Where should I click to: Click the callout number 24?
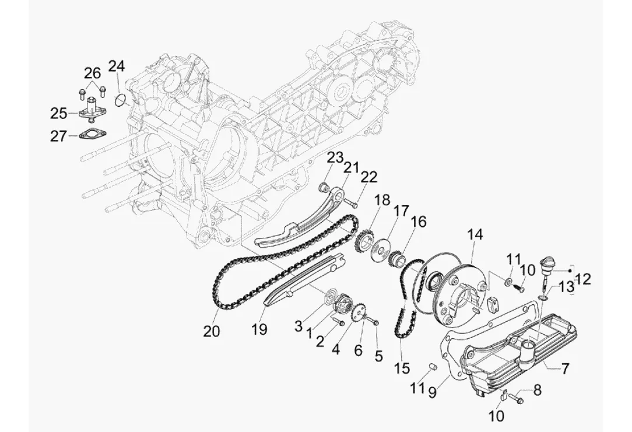(117, 65)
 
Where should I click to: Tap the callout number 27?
(58, 136)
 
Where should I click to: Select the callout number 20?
(211, 331)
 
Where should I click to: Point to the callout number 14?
(475, 234)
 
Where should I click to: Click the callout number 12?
(583, 279)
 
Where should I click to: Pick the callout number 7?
(565, 368)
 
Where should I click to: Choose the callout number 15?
(402, 367)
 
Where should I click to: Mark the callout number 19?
(260, 329)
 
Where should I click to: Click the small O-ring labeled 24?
(119, 101)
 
